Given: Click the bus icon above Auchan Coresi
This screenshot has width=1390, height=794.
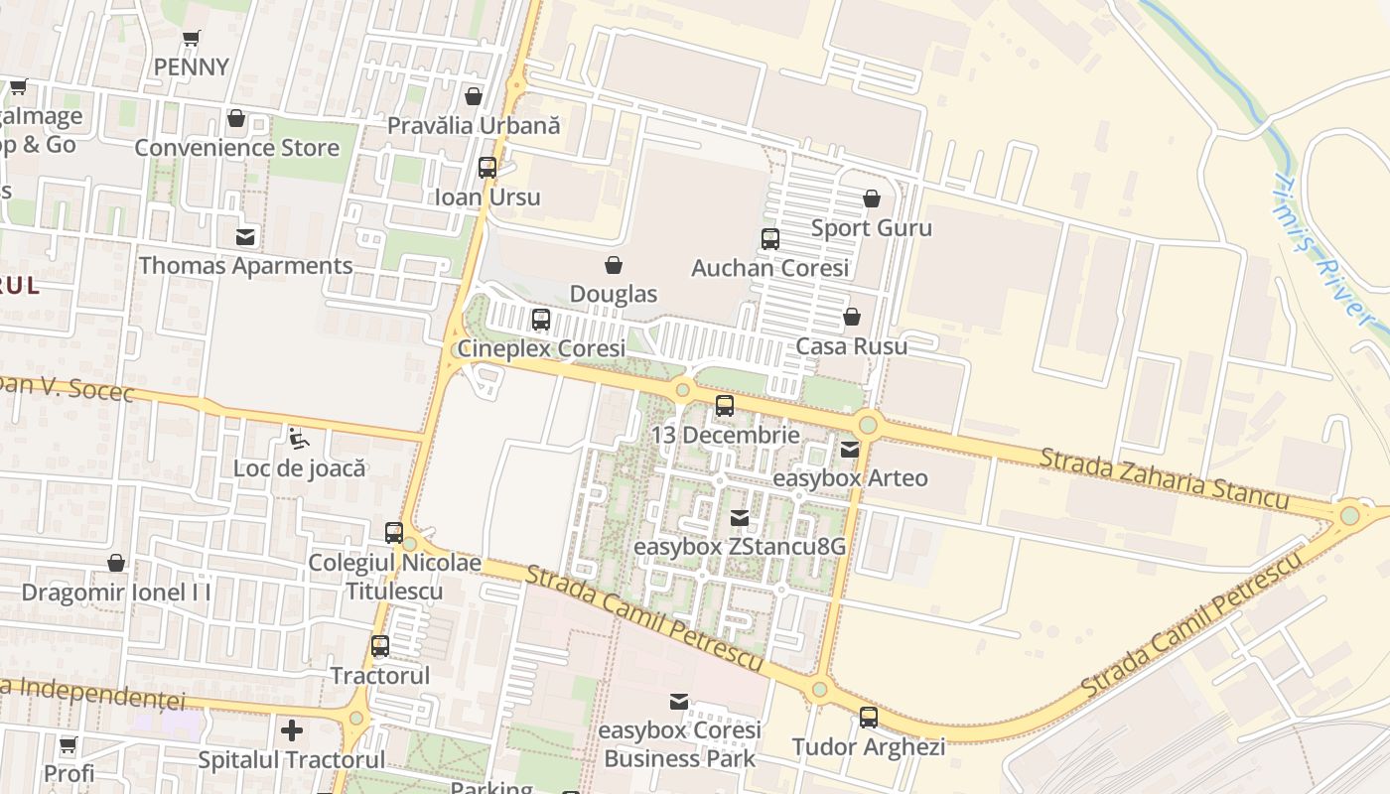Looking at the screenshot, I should point(769,238).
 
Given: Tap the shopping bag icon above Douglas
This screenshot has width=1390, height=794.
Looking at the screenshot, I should point(614,265).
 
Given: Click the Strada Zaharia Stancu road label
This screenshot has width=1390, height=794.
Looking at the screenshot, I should point(1164,479).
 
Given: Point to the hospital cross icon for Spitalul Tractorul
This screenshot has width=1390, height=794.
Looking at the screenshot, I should point(292,731).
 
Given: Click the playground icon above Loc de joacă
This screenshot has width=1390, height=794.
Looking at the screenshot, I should point(298,437).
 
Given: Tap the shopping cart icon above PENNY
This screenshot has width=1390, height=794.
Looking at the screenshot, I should point(192,39).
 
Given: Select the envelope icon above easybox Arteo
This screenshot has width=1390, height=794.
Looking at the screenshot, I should point(850,450).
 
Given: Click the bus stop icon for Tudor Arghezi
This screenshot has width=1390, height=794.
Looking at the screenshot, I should point(869,717).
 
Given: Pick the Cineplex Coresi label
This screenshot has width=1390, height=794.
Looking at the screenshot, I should point(541,348).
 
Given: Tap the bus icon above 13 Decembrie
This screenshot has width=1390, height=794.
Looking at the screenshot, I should point(725,405).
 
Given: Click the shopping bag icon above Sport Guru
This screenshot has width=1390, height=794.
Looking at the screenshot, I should point(872,198).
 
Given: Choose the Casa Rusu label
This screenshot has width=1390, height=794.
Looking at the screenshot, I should point(852,346).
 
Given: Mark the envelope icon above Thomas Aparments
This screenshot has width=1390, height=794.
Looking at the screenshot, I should point(245,236).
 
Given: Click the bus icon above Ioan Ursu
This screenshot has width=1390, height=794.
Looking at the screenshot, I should point(487,167).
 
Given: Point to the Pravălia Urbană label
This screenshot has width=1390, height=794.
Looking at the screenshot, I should point(474,126).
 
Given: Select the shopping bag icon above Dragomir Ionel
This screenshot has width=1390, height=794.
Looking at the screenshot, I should point(116,563).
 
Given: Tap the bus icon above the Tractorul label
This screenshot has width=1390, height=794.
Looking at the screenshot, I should point(380,646).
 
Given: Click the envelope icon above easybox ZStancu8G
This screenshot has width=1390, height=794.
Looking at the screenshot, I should point(740,517).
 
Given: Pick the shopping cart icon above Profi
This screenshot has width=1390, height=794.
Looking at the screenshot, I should point(69,744).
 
